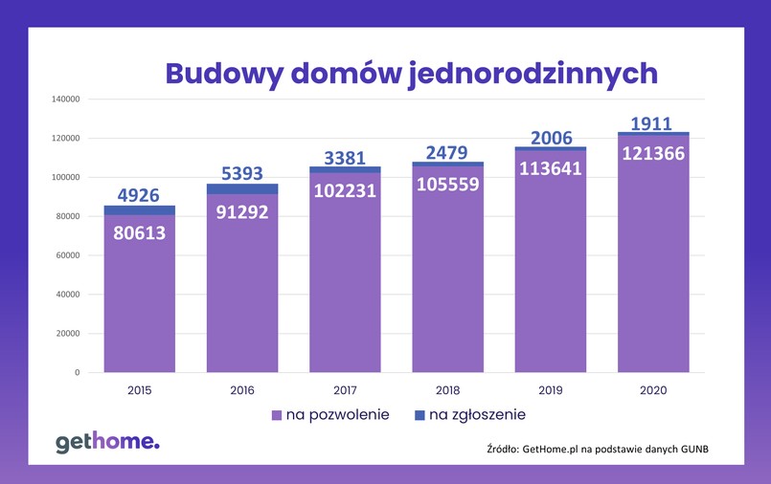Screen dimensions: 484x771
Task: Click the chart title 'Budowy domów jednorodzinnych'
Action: pyautogui.click(x=411, y=74)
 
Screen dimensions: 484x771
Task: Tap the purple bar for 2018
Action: pyautogui.click(x=448, y=287)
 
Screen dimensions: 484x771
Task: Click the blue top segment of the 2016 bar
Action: pyautogui.click(x=242, y=188)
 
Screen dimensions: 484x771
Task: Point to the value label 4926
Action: pyautogui.click(x=140, y=195)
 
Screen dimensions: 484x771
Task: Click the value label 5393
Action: pyautogui.click(x=242, y=173)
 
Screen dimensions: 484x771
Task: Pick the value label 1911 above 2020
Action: pyautogui.click(x=653, y=122)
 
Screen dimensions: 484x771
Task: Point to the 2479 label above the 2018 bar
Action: pyautogui.click(x=448, y=150)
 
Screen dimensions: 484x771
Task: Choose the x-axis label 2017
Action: pyautogui.click(x=345, y=390)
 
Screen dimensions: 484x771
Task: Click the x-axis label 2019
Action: pyautogui.click(x=551, y=390)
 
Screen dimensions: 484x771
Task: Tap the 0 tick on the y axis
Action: pyautogui.click(x=76, y=372)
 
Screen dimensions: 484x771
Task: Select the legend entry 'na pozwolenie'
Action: pyautogui.click(x=330, y=415)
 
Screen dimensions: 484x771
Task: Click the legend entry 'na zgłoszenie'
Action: pyautogui.click(x=469, y=415)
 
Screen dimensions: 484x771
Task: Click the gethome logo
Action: pyautogui.click(x=107, y=442)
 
